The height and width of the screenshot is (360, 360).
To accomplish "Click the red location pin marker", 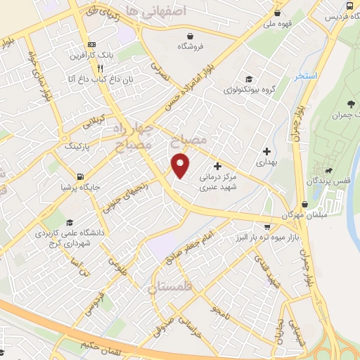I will point(181,165).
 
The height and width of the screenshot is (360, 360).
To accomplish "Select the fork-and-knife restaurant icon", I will point(101,68).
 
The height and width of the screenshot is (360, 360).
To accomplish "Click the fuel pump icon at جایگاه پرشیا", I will point(79,176).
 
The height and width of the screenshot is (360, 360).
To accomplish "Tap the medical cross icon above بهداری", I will point(266,150).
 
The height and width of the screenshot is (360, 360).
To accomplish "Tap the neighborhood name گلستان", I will point(173,287).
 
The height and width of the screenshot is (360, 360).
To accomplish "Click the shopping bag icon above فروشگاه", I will point(190,36).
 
